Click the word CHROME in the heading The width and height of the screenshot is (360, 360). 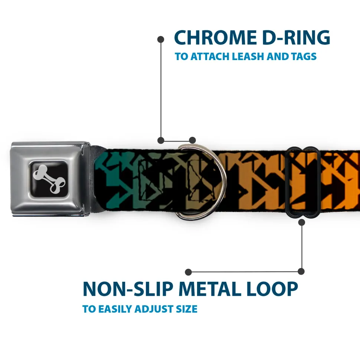[x=215, y=37]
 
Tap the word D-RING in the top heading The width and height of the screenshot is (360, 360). [x=296, y=37]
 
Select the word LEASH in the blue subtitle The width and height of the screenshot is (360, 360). [x=248, y=56]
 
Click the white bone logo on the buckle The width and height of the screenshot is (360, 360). [x=49, y=179]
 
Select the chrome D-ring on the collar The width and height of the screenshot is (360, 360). [x=201, y=181]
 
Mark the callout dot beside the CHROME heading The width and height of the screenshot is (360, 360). [x=161, y=39]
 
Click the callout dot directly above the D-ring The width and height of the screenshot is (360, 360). [x=192, y=140]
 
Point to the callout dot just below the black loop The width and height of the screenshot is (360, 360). [x=301, y=222]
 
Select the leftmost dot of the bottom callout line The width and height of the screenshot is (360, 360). [x=188, y=272]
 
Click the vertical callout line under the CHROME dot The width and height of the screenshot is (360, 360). [x=161, y=90]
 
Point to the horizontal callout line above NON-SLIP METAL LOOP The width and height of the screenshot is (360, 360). [x=245, y=272]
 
